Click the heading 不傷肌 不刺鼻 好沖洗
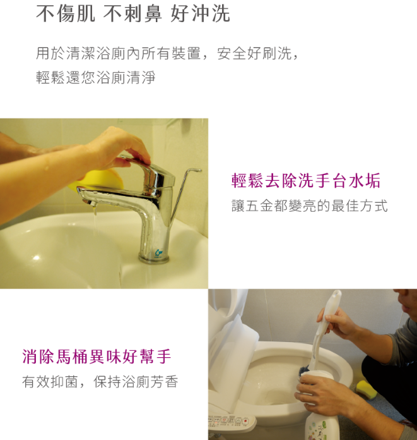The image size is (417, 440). (133, 13)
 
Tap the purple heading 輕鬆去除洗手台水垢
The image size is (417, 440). (306, 180)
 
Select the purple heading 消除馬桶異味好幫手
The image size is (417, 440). (97, 357)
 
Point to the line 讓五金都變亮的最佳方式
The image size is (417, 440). (310, 205)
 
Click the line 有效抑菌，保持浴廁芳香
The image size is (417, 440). (100, 382)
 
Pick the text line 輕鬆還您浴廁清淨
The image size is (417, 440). (96, 77)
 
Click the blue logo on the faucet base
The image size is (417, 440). (158, 253)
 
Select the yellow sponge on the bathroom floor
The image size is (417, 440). (366, 389)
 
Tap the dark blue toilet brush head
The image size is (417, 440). (305, 370)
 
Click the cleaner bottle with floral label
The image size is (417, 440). (322, 421)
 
